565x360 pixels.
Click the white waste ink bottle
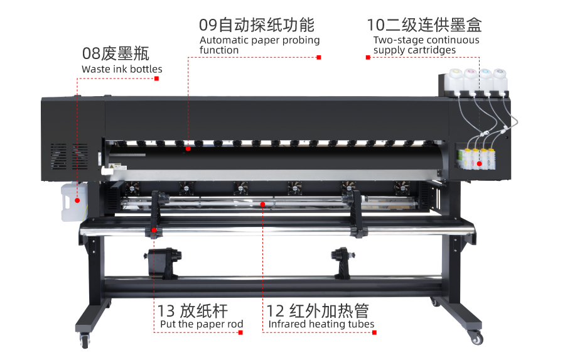click(x=74, y=201)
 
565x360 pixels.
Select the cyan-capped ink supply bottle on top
click(x=485, y=81)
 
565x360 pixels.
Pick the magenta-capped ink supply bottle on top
click(x=470, y=81)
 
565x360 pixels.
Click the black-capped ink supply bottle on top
click(x=500, y=81)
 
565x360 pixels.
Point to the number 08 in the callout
click(x=91, y=54)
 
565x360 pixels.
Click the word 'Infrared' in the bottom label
click(x=288, y=324)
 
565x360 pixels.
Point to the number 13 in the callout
click(x=166, y=311)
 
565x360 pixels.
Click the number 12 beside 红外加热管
click(x=276, y=311)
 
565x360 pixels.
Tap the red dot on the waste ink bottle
click(x=77, y=200)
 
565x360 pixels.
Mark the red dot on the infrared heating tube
click(x=262, y=205)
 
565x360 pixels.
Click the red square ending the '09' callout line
click(x=318, y=57)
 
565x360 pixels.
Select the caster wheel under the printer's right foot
click(x=476, y=338)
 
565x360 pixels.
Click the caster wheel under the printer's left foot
click(x=85, y=341)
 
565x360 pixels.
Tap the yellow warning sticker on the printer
click(x=112, y=166)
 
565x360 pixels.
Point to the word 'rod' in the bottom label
click(x=235, y=324)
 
